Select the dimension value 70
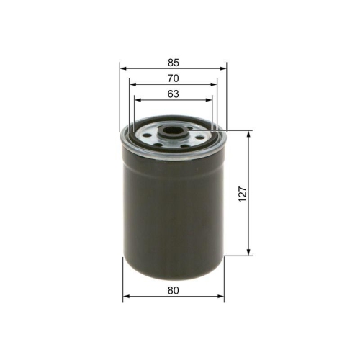click(x=174, y=78)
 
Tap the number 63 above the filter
click(x=174, y=94)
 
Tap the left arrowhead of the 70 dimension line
click(x=134, y=85)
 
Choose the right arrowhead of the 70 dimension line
click(x=212, y=85)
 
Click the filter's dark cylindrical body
click(x=173, y=209)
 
